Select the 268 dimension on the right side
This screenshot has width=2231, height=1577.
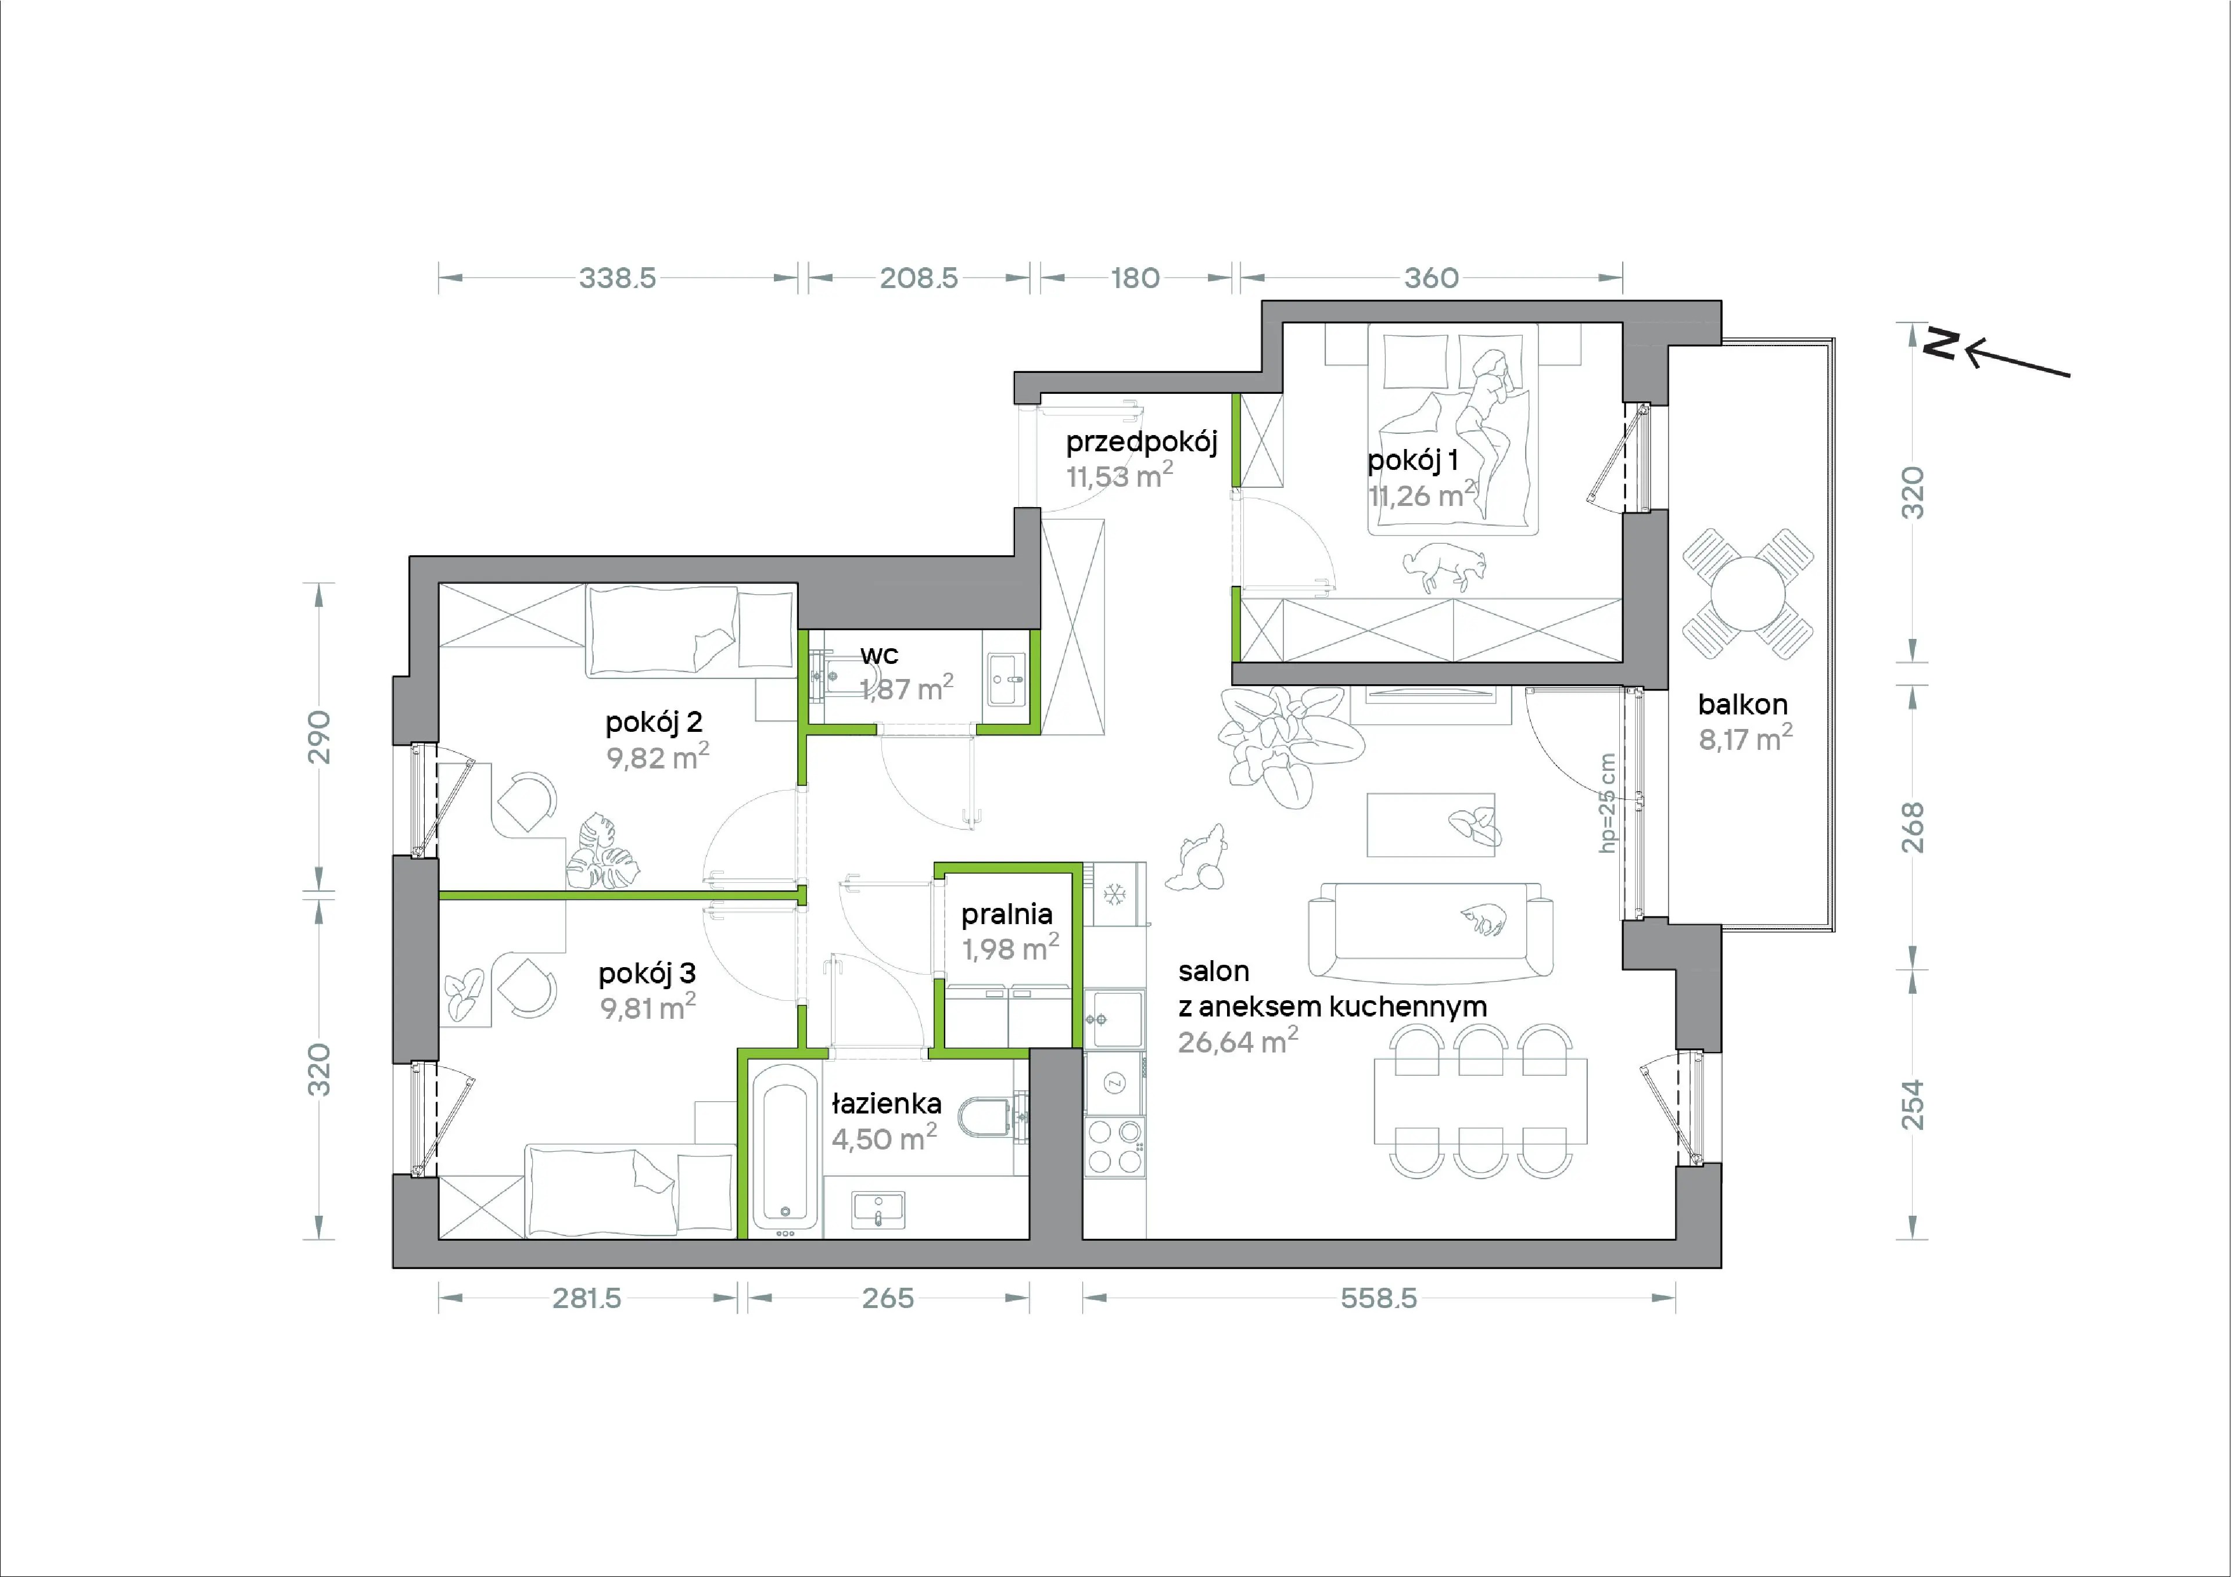tap(1912, 827)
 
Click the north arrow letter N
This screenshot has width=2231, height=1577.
tap(1941, 343)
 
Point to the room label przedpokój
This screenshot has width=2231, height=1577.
tap(1142, 442)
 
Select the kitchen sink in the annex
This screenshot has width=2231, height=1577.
tap(1114, 1018)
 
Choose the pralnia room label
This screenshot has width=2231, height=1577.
tap(1007, 914)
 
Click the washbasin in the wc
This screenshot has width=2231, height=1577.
tap(1007, 678)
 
